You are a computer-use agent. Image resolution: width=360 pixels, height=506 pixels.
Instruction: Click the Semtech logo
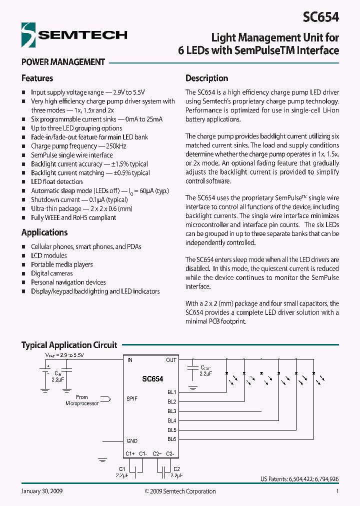pyautogui.click(x=74, y=35)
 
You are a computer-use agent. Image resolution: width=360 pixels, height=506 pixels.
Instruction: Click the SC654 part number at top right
pyautogui.click(x=321, y=17)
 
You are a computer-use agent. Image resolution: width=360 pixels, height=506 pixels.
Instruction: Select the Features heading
pyautogui.click(x=37, y=78)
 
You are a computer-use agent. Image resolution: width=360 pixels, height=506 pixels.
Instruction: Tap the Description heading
pyautogui.click(x=206, y=78)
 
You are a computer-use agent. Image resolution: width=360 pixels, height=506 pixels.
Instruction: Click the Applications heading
pyautogui.click(x=44, y=232)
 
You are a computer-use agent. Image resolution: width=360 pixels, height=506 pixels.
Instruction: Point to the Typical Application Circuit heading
pyautogui.click(x=69, y=345)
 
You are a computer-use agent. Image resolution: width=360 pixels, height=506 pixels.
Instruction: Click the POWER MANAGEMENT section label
pyautogui.click(x=63, y=62)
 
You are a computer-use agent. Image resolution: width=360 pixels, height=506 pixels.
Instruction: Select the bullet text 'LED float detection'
pyautogui.click(x=56, y=181)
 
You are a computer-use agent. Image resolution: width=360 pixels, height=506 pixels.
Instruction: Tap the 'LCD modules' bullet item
pyautogui.click(x=48, y=255)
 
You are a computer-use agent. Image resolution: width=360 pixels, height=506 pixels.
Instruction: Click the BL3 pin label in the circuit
pyautogui.click(x=171, y=411)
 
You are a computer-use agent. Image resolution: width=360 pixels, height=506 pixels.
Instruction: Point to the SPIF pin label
pyautogui.click(x=131, y=398)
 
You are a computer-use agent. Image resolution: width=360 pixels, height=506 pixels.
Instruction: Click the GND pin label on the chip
pyautogui.click(x=132, y=441)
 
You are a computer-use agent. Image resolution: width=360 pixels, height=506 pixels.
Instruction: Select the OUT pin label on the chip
pyautogui.click(x=171, y=360)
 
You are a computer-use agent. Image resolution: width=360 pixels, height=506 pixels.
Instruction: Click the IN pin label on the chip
pyautogui.click(x=130, y=360)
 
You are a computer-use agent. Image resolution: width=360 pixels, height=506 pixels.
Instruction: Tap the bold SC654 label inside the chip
pyautogui.click(x=152, y=379)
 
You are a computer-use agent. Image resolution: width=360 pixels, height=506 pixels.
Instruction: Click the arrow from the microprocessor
pyautogui.click(x=106, y=398)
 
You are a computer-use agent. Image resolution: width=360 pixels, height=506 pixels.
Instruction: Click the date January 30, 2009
pyautogui.click(x=42, y=491)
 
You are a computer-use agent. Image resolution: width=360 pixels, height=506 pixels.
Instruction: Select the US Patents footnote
pyautogui.click(x=299, y=479)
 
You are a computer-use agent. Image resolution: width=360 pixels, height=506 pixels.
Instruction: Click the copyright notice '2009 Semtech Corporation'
pyautogui.click(x=180, y=491)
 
